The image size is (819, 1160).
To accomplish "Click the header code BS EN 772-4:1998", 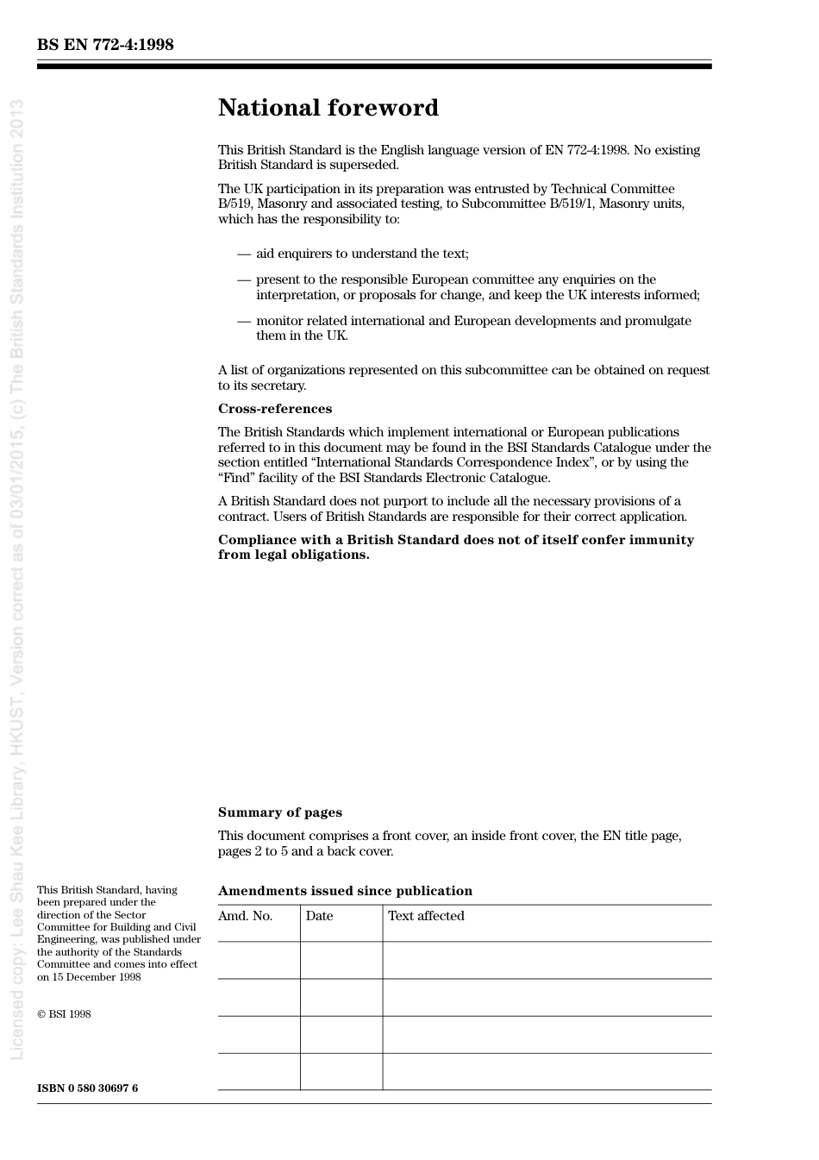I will tap(105, 45).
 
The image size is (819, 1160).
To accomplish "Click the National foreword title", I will tap(328, 108).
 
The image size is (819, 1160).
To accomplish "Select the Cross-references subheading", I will tap(274, 409).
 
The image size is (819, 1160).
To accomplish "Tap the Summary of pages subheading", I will tap(279, 812).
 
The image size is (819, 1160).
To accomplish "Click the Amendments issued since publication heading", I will tap(345, 891).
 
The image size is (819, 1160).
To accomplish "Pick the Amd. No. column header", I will tap(245, 916).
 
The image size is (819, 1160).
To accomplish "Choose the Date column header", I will tap(319, 916).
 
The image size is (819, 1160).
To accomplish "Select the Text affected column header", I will tap(426, 916).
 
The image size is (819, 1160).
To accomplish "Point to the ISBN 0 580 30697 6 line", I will tap(87, 1088).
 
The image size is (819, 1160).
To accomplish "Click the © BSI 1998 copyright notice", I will tap(64, 1014).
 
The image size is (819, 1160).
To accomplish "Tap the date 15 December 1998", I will tap(96, 977).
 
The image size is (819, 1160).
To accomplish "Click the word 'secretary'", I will tap(278, 386).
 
